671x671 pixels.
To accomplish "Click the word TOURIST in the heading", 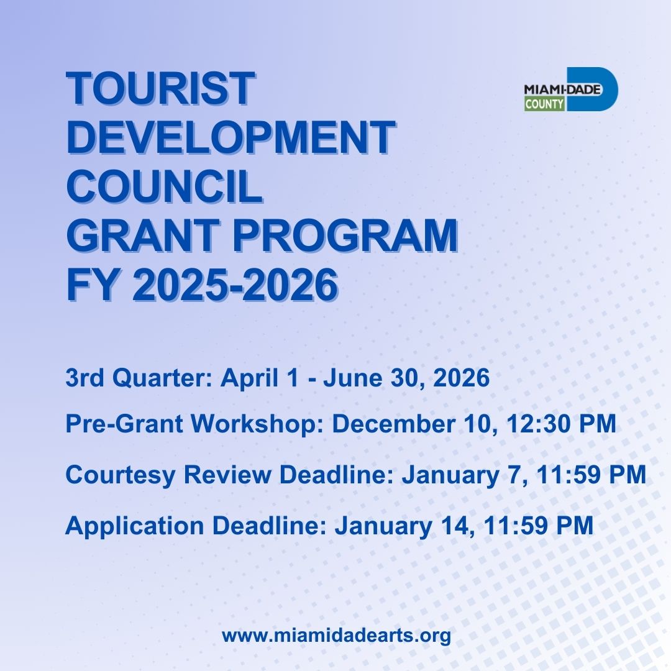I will click(160, 89).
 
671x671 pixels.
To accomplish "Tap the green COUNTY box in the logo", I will click(544, 104).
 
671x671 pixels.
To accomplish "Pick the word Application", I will click(135, 526).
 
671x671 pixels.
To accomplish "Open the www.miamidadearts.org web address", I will click(336, 636).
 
